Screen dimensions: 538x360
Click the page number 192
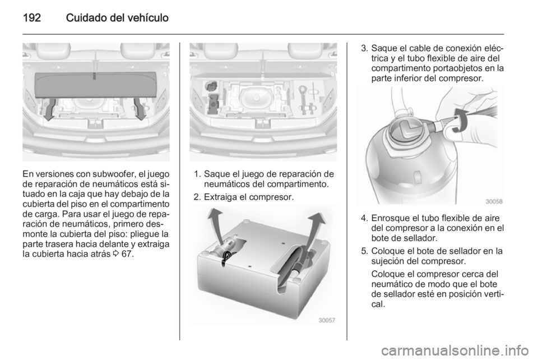pos(32,18)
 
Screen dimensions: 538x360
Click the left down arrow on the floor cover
pos(50,108)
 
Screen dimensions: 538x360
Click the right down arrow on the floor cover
pos(140,108)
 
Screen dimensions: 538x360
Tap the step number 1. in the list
pos(197,174)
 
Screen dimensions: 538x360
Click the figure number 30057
pos(327,321)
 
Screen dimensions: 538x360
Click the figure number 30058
pos(494,201)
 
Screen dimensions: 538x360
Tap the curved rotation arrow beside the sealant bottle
pos(458,120)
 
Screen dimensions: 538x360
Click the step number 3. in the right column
pos(364,48)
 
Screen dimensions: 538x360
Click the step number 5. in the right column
pos(364,251)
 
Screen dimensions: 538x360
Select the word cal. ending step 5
pos(378,304)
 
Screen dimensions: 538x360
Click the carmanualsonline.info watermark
pos(456,350)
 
